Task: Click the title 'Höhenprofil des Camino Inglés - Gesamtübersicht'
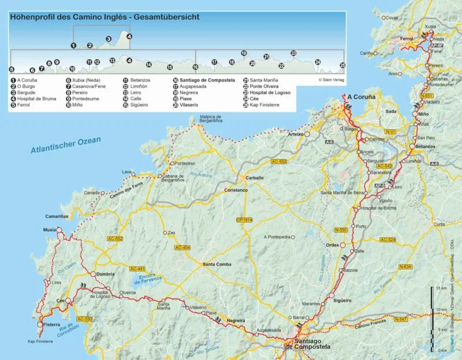pos(105,17)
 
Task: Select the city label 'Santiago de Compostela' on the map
pos(308,344)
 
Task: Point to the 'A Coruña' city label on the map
pos(361,97)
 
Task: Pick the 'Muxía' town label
pos(49,230)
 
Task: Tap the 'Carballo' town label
pos(254,178)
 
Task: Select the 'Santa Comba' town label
pos(216,264)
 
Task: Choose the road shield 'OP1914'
pos(245,220)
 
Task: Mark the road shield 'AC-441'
pos(137,268)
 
